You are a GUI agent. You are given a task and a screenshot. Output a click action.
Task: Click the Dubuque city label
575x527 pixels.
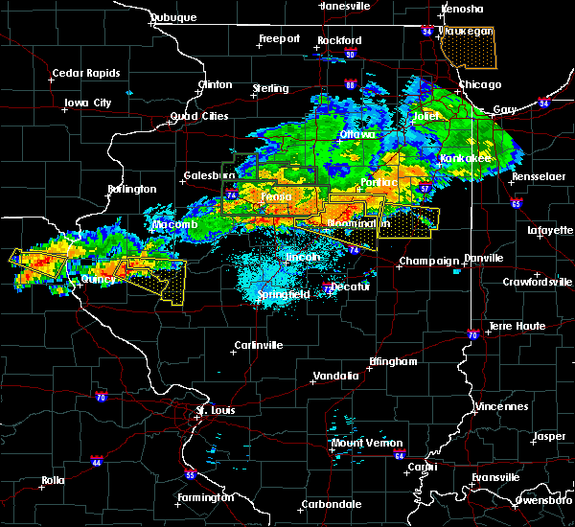click(174, 17)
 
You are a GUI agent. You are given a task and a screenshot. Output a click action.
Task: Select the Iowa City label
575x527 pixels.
click(87, 103)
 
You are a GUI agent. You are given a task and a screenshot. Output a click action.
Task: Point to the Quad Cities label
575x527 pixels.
click(199, 116)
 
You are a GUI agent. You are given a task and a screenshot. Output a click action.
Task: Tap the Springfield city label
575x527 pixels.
click(283, 295)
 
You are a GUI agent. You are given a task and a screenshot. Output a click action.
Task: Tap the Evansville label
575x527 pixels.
click(496, 476)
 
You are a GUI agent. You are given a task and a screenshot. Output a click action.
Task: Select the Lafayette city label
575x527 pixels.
click(547, 230)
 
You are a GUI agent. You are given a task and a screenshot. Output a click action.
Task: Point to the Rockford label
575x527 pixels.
click(340, 40)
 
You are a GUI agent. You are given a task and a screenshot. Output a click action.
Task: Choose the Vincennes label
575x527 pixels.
click(505, 406)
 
